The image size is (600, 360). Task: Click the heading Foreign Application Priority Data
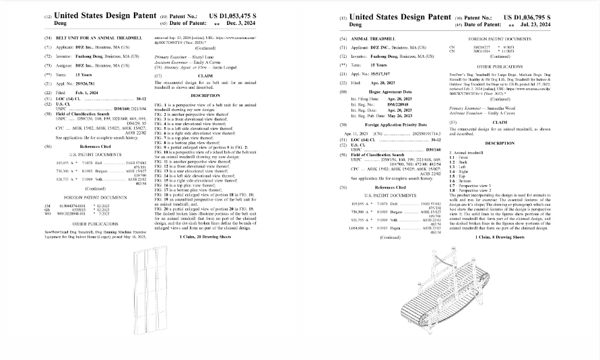coord(397,124)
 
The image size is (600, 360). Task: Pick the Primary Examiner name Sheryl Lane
coord(198,59)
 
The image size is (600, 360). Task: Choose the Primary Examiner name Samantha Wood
coord(499,108)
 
